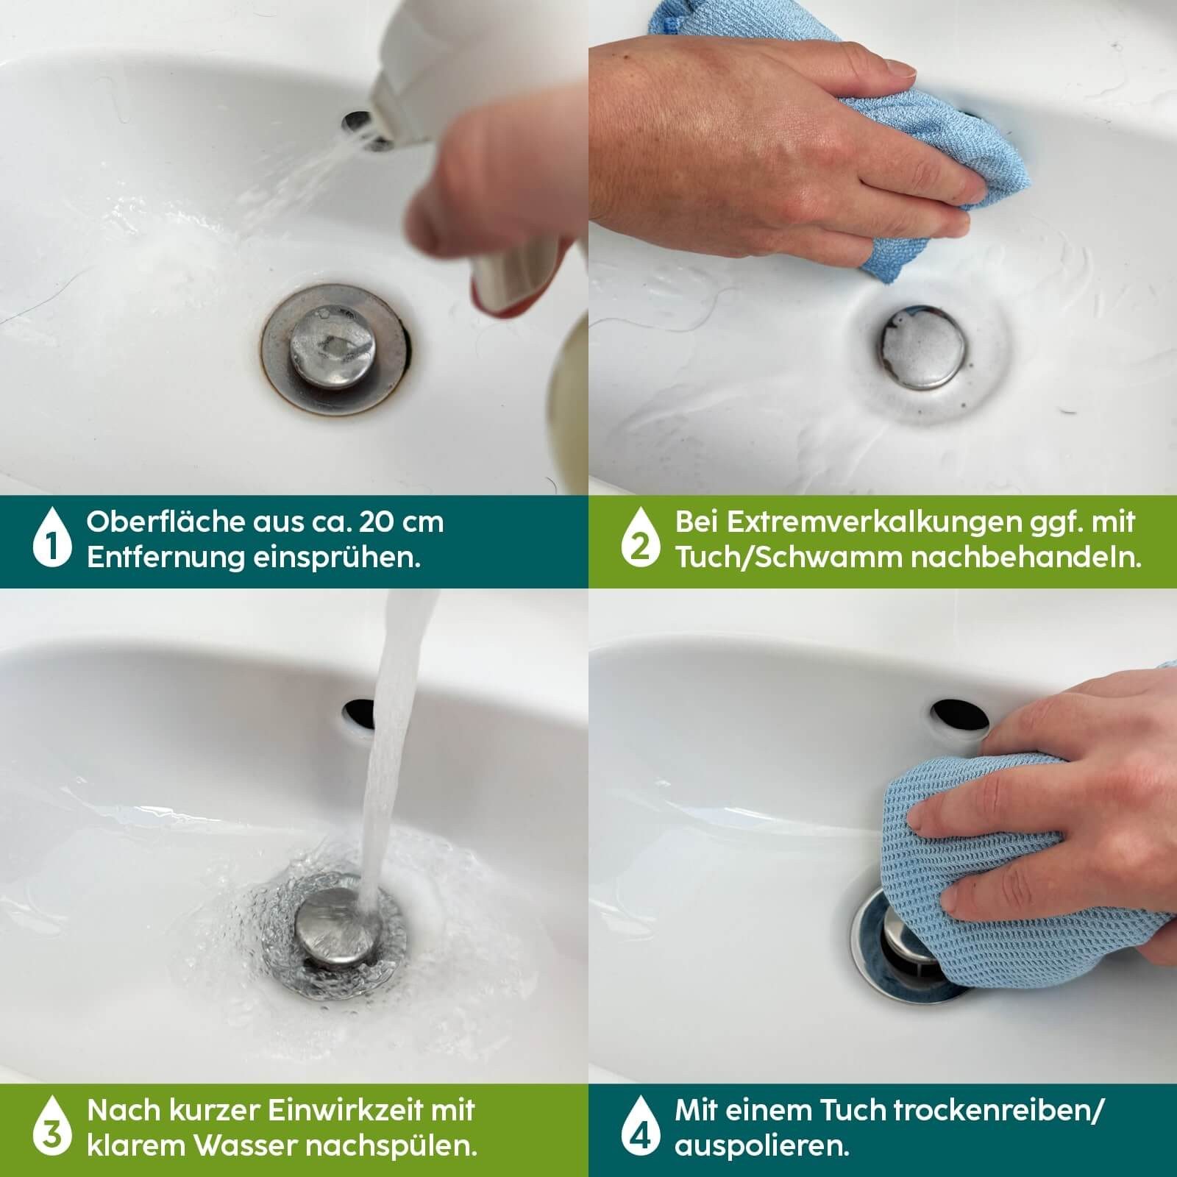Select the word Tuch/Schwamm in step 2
tap(789, 558)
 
